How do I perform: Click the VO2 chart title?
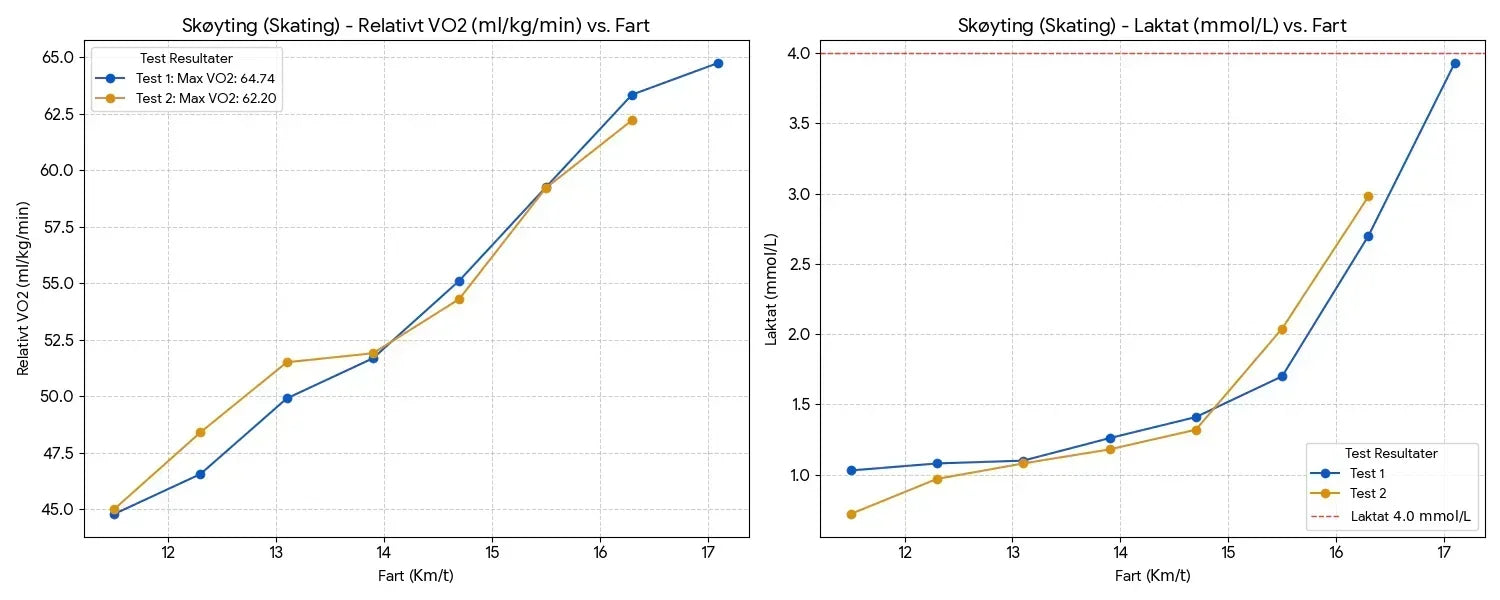tap(416, 26)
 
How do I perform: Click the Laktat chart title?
tap(1152, 26)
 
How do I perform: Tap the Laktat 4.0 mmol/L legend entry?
tap(1410, 517)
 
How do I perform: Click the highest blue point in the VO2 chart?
tap(718, 63)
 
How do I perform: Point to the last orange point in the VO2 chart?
tap(632, 120)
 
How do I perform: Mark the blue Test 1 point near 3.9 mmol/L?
tap(1455, 63)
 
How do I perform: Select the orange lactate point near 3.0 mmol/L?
tap(1368, 196)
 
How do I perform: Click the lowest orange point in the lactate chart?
tap(851, 514)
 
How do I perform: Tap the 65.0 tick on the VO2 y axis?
tap(56, 57)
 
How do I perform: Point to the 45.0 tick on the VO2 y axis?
tap(56, 510)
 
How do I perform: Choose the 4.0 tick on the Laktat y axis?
tap(797, 53)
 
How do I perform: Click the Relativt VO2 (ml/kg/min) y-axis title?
tap(24, 288)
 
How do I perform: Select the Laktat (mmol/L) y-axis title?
tap(771, 288)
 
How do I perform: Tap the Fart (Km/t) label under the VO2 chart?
tap(416, 577)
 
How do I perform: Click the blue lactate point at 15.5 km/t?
tap(1282, 376)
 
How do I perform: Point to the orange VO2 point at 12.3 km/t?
tap(200, 432)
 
